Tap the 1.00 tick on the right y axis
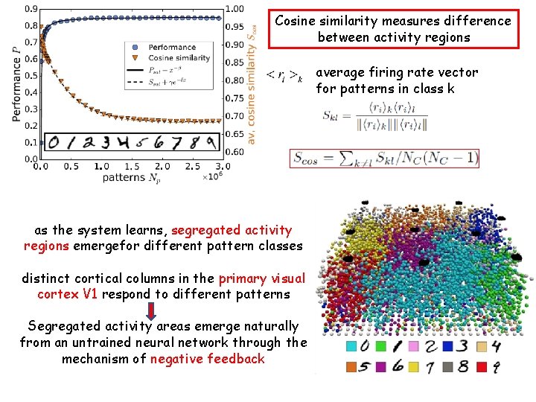click(234, 9)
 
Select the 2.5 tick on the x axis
click(192, 167)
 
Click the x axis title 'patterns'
click(124, 177)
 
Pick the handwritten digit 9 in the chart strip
click(213, 141)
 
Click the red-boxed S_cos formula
click(384, 158)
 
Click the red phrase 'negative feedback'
click(207, 359)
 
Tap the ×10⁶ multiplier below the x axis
click(212, 178)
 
